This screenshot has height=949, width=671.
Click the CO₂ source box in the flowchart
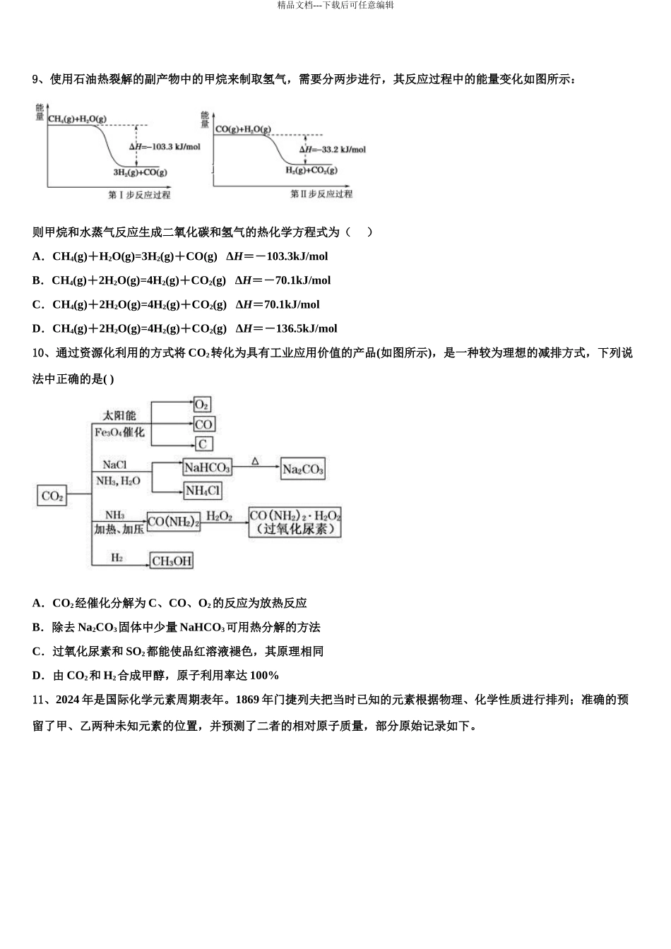pos(52,496)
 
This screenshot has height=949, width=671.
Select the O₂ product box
pos(202,405)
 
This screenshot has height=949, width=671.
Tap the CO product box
pos(203,424)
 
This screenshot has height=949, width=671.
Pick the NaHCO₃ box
pos(207,467)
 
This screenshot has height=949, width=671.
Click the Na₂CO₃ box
pos(302,470)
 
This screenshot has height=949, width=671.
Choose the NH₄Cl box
pos(203,491)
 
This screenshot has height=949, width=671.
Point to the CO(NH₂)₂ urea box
pos(174,522)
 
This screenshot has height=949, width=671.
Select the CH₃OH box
pos(172,561)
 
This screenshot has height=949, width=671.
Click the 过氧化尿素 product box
pos(295,522)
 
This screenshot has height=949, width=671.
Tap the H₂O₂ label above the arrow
pos(220,516)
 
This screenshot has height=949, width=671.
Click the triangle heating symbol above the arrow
pos(255,461)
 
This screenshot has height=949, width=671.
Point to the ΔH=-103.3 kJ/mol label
pos(165,147)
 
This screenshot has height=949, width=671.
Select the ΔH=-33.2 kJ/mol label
pos(332,150)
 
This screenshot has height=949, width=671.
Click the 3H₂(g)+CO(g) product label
pos(140,172)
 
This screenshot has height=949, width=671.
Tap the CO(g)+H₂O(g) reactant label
pos(243,129)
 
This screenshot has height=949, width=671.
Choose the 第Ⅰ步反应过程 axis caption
pos(139,195)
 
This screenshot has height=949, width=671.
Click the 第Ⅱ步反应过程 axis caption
pos(321,193)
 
